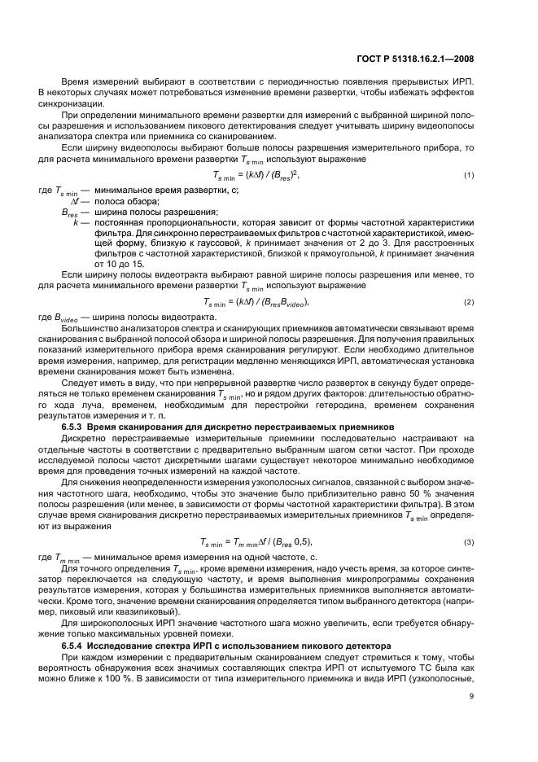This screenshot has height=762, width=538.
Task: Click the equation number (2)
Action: tap(469, 302)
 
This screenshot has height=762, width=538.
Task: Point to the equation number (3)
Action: tap(469, 541)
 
